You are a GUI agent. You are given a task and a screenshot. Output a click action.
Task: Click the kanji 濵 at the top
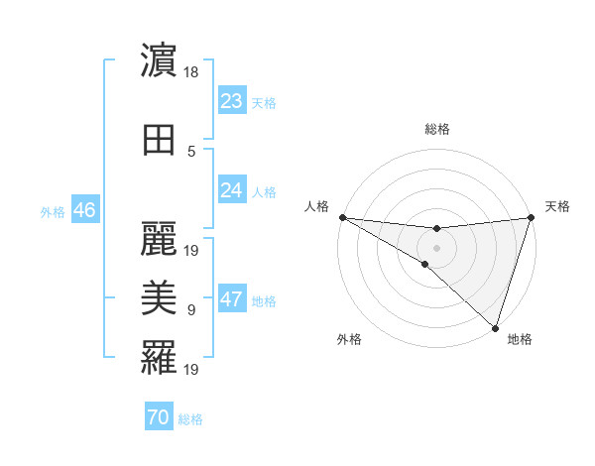(x=159, y=62)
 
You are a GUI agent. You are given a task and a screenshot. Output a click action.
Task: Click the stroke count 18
(x=192, y=72)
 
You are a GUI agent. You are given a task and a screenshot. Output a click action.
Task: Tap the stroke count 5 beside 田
(x=191, y=152)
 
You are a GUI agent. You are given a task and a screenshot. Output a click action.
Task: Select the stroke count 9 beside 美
(x=191, y=310)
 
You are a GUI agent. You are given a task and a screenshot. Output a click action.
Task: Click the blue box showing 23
(x=232, y=101)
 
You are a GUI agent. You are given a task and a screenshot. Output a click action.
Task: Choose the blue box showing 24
(x=232, y=190)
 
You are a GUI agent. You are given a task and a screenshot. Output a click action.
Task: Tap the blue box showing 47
(x=232, y=299)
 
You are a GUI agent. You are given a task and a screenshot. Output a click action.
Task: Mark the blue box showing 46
(x=84, y=210)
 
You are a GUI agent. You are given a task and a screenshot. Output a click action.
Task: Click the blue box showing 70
(x=159, y=417)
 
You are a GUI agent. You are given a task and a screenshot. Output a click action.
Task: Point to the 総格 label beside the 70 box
(x=190, y=419)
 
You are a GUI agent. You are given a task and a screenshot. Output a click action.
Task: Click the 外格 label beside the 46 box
(x=53, y=212)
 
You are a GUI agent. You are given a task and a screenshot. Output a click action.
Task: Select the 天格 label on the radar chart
(x=557, y=206)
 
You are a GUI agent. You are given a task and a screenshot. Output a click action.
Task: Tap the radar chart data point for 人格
(x=342, y=216)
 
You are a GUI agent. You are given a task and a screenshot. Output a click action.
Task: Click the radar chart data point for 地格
(x=495, y=327)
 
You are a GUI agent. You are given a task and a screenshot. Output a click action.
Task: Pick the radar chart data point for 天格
(x=531, y=217)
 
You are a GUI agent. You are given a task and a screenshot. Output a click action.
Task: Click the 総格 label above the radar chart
(x=436, y=129)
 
